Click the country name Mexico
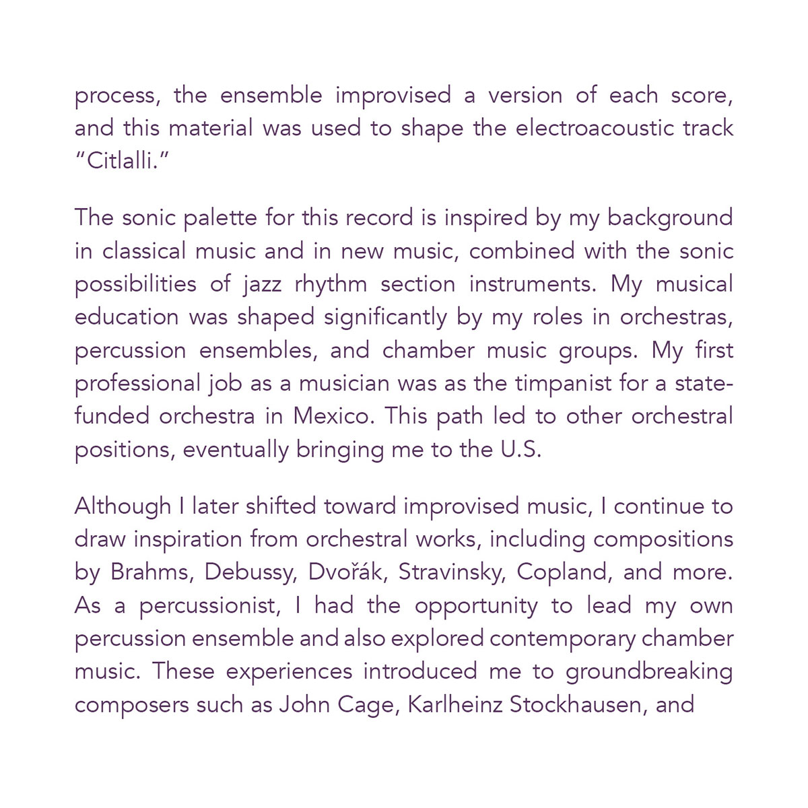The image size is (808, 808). (x=332, y=417)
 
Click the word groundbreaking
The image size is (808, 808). (x=649, y=672)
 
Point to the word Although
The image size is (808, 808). (x=123, y=506)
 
